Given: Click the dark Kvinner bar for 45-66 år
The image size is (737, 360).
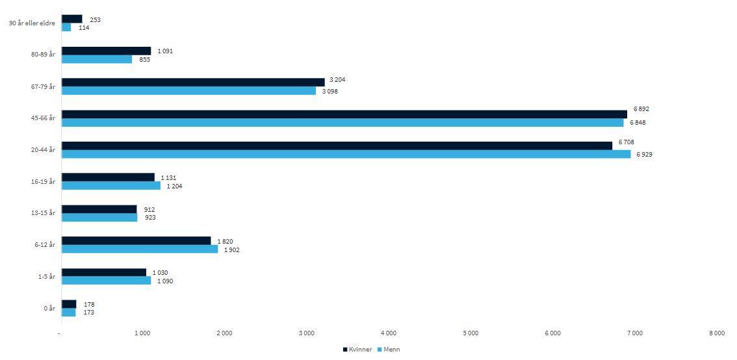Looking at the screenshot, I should [344, 114].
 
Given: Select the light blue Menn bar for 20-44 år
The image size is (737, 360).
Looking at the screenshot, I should [346, 154].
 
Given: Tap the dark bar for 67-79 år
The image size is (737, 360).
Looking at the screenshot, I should [193, 82].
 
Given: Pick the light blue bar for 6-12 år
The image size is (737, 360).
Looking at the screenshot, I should [140, 249].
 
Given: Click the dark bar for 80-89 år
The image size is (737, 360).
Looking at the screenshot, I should [106, 51].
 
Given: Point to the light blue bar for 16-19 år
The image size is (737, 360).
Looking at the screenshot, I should [111, 186].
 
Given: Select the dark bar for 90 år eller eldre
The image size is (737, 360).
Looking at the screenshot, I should [72, 19].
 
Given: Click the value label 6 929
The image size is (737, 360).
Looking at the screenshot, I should [644, 155].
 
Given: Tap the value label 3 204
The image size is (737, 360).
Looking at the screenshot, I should [337, 80].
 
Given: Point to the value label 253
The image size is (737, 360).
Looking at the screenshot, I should [95, 20].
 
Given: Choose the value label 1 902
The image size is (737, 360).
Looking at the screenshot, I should [232, 250].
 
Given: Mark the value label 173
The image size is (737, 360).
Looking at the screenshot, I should [89, 313].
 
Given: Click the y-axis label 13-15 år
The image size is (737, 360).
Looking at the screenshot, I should [43, 213].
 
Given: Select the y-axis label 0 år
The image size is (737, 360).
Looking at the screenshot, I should [49, 308].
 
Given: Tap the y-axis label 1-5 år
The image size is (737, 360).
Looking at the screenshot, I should [45, 277].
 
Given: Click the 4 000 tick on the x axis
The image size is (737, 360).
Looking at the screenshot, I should [388, 333].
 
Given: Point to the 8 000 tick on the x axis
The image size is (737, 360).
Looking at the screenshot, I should [716, 333].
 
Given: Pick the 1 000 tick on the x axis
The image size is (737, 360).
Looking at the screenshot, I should [142, 333].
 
